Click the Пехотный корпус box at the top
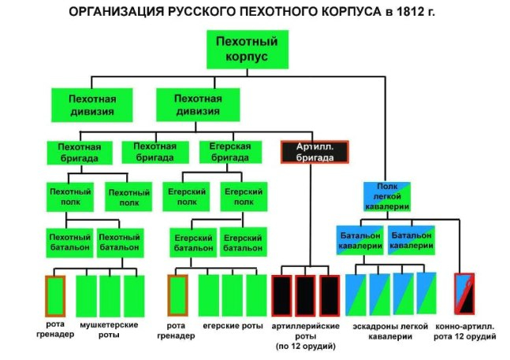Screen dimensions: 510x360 248,50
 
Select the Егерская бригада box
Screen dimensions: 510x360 230,152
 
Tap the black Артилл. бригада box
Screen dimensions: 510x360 315,152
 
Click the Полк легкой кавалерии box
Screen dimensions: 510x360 387,197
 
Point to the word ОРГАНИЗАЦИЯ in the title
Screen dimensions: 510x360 116,12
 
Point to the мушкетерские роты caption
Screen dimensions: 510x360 109,330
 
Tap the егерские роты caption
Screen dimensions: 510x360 233,326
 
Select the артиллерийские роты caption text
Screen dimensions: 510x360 305,331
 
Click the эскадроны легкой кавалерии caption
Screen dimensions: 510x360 390,332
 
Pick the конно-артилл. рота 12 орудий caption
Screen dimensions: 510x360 465,332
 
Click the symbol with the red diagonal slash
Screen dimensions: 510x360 464,294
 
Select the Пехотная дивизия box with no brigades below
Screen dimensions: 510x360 92,105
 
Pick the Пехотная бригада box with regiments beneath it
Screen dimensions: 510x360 80,153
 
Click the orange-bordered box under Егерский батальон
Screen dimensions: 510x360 177,295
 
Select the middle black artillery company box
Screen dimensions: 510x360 305,295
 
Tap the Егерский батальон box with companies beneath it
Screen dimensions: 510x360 193,243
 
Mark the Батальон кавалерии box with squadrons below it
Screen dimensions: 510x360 360,240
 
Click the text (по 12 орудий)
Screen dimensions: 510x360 305,347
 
